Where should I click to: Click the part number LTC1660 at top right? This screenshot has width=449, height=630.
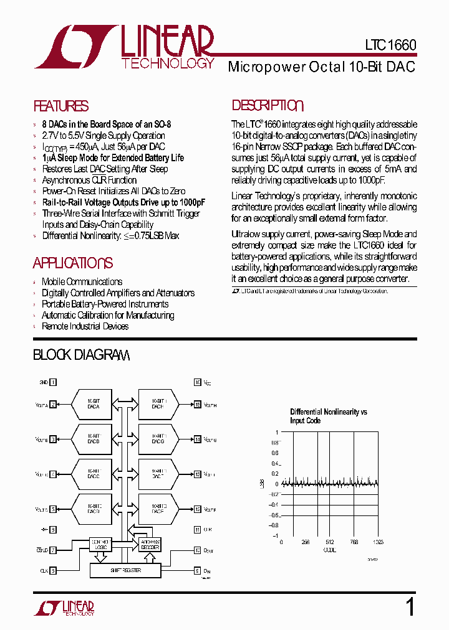pos(390,46)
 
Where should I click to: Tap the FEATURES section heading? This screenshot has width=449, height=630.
pos(60,106)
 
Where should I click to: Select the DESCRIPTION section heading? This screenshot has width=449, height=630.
pos(268,106)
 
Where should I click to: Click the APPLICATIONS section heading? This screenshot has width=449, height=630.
pos(73,263)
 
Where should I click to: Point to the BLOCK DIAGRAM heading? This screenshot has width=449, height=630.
pos(81,355)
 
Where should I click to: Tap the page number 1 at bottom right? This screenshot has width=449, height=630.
pos(410,607)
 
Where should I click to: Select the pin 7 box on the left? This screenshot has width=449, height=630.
pos(53,550)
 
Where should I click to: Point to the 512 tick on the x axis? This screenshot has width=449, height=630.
pos(329,542)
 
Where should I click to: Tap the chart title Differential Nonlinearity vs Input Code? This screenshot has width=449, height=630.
pos(329,416)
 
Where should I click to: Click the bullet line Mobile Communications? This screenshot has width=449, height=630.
pos(82,282)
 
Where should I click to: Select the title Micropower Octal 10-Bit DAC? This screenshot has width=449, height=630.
pos(322,67)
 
